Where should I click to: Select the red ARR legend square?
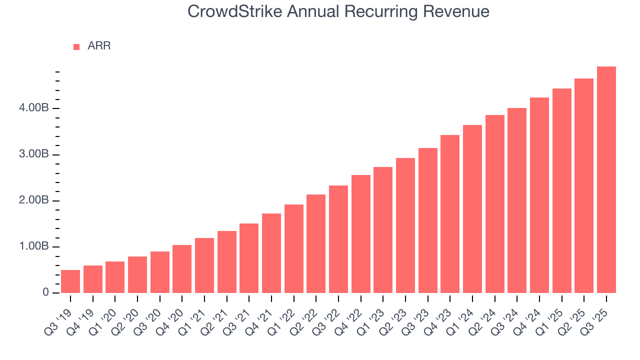click(76, 46)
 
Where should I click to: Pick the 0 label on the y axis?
click(45, 293)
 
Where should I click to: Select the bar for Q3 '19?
click(70, 281)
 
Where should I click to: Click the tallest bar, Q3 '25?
click(606, 180)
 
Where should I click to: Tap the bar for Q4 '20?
click(182, 269)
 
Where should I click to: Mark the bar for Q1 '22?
click(294, 248)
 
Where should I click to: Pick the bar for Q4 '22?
click(361, 234)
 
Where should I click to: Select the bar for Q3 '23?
click(428, 220)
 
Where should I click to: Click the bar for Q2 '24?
click(495, 204)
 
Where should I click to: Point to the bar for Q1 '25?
click(562, 190)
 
